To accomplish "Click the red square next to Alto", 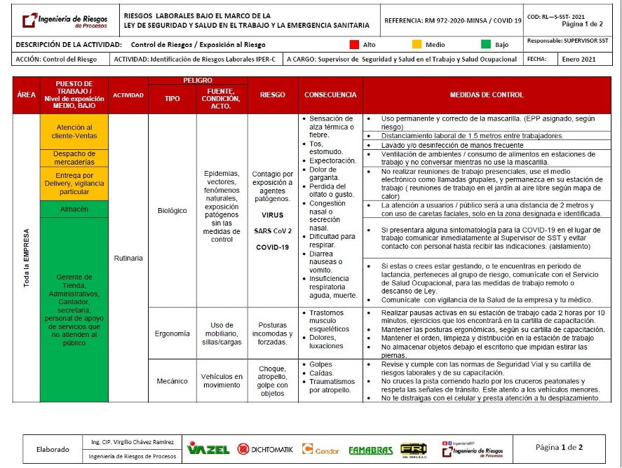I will [354, 45].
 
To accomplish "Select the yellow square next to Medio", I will [417, 45].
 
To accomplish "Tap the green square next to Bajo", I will [486, 45].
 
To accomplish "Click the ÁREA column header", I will [26, 95].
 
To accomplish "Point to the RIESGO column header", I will [273, 95].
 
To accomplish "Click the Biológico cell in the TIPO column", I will [172, 210].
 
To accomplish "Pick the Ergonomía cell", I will [172, 333].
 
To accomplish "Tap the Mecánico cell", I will [172, 381].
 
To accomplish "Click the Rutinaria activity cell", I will [128, 258].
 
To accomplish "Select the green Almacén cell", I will [74, 209].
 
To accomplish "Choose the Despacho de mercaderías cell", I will [74, 158].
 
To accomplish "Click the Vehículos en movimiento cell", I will [222, 381].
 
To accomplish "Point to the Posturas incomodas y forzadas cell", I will [273, 333].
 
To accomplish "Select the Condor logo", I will [320, 449].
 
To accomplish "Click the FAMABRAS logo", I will [370, 449].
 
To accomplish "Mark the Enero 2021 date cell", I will [578, 60].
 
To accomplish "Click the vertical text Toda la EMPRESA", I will [26, 258].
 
